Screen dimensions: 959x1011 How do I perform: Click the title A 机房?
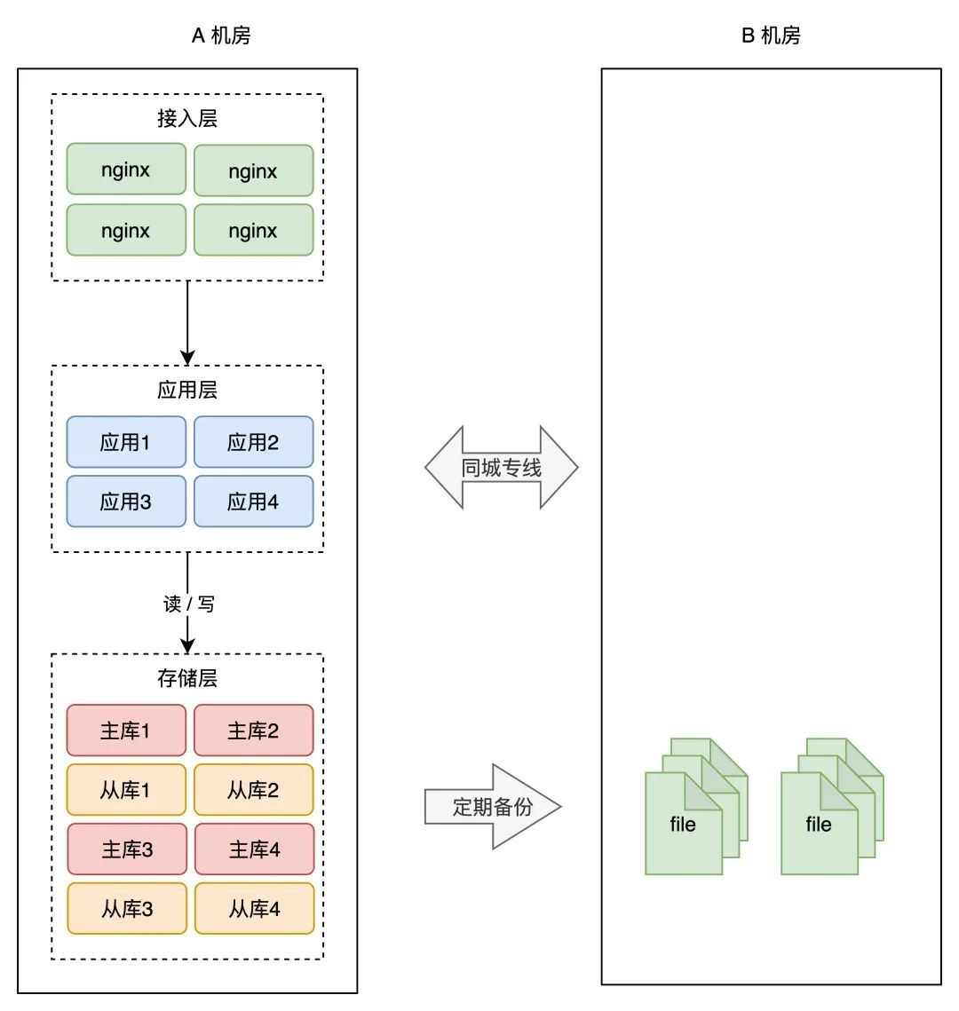pos(220,35)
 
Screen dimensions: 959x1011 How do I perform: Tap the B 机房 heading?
pos(771,35)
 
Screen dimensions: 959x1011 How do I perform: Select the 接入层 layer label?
pos(187,118)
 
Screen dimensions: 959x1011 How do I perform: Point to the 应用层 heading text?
pos(187,390)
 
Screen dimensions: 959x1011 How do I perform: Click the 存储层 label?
pos(187,677)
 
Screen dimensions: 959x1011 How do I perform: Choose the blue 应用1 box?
pos(126,442)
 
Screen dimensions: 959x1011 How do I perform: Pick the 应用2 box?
pos(253,442)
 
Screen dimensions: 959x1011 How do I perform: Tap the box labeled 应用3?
pos(126,501)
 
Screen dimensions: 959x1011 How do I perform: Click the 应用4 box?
pos(253,501)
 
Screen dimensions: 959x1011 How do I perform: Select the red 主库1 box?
pos(126,730)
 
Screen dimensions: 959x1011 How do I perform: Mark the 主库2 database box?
pos(253,730)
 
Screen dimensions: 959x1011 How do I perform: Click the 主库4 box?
pos(255,849)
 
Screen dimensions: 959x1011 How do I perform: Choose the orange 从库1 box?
pos(126,789)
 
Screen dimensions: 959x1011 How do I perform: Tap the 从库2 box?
pos(253,789)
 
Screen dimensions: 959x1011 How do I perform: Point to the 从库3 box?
pos(127,908)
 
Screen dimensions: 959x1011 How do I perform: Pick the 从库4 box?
pos(255,908)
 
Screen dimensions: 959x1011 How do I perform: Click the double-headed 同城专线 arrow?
pos(501,467)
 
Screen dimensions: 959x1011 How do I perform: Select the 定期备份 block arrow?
pos(493,806)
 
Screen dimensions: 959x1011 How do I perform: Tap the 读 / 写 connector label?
pos(188,604)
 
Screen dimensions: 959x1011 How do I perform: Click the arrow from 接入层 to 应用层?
pos(187,322)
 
